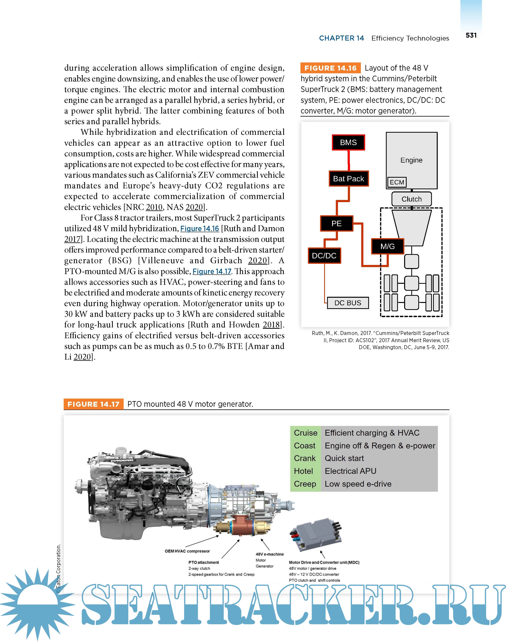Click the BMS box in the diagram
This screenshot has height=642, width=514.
coord(348,142)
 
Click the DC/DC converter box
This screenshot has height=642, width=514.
coord(324,255)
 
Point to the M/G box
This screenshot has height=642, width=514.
coord(387,246)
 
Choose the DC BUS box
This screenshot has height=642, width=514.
coord(348,303)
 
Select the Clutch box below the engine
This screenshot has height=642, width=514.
coord(412,199)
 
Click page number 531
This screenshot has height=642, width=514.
coord(471,35)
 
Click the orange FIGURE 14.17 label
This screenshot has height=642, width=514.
coord(93,404)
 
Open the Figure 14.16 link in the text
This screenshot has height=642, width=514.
coord(200,229)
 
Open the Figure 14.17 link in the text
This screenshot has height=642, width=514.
coord(212,272)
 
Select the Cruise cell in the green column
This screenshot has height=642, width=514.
coord(305,433)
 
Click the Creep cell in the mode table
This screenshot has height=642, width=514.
coord(305,484)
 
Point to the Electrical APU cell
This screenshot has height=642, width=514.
coord(350,471)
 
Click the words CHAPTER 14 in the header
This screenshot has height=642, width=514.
coord(341,38)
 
